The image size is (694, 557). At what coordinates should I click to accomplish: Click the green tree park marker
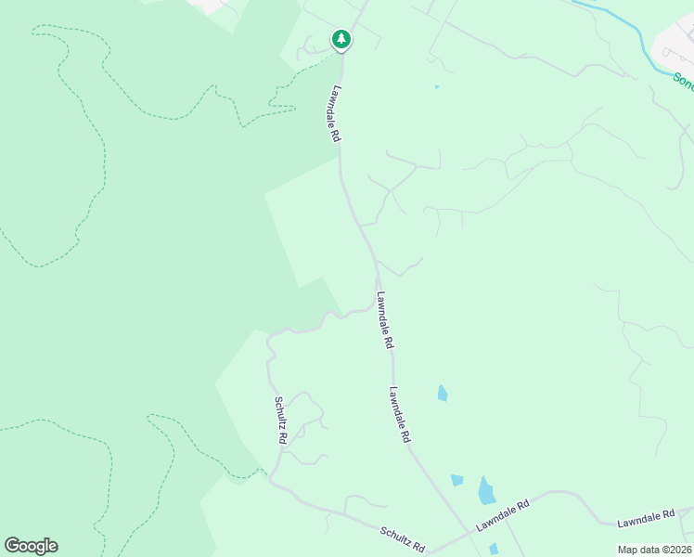(341, 39)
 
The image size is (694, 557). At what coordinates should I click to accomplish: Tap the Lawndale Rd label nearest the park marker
(335, 114)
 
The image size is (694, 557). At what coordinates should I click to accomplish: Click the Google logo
(31, 546)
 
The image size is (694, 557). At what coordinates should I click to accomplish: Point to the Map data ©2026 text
(654, 550)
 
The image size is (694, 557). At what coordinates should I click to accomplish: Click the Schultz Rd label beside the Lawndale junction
(402, 540)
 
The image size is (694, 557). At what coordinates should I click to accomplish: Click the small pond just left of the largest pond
(456, 480)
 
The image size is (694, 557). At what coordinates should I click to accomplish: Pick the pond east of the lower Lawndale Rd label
(443, 393)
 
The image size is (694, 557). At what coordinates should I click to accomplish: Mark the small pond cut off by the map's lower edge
(494, 550)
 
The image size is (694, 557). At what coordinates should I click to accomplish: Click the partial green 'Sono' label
(683, 81)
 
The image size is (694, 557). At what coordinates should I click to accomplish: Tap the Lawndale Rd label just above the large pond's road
(503, 515)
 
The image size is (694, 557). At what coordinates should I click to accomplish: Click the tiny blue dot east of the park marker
(436, 87)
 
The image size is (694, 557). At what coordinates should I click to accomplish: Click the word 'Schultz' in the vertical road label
(278, 412)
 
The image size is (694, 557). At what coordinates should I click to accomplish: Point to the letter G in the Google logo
(12, 546)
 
